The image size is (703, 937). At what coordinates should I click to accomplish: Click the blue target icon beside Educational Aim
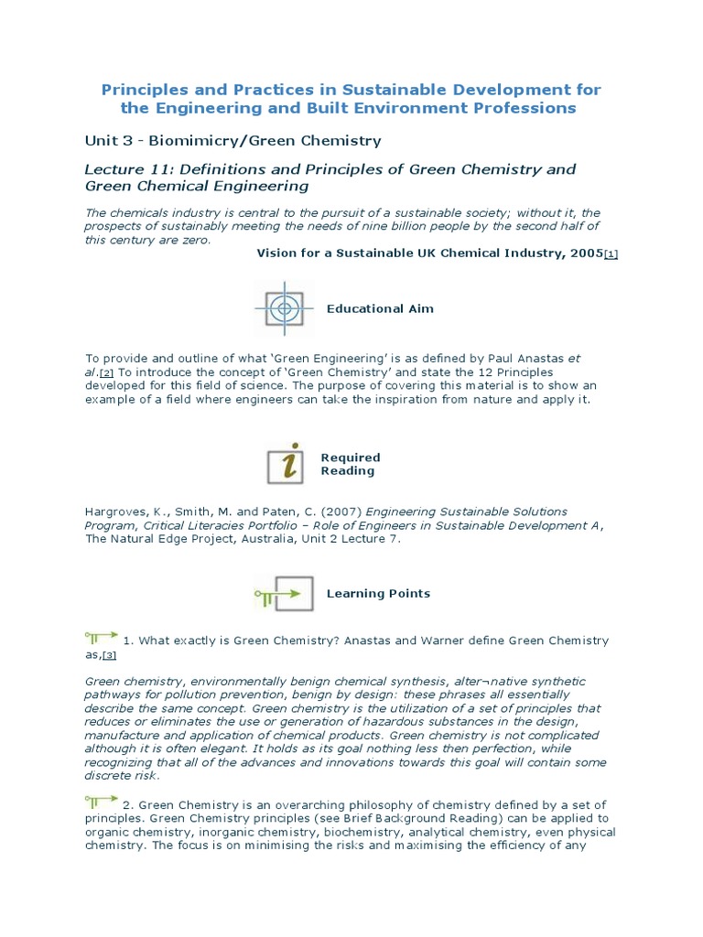[x=284, y=309]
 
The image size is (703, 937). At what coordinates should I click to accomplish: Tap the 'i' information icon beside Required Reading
[x=286, y=464]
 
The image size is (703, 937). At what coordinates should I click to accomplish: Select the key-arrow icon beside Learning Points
[x=285, y=594]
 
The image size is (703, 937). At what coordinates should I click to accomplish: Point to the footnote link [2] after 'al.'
[x=106, y=373]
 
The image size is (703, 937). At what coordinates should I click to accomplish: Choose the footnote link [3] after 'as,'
[x=110, y=655]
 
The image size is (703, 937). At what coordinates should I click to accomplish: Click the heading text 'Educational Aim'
[x=380, y=309]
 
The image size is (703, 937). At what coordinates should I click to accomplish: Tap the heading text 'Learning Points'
[x=378, y=594]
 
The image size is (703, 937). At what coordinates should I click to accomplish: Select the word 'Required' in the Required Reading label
[x=350, y=458]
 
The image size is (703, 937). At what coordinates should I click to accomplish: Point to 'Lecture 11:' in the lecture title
[x=124, y=169]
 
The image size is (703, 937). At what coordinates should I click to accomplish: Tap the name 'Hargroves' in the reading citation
[x=116, y=512]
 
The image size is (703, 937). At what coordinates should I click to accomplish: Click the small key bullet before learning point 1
[x=101, y=635]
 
